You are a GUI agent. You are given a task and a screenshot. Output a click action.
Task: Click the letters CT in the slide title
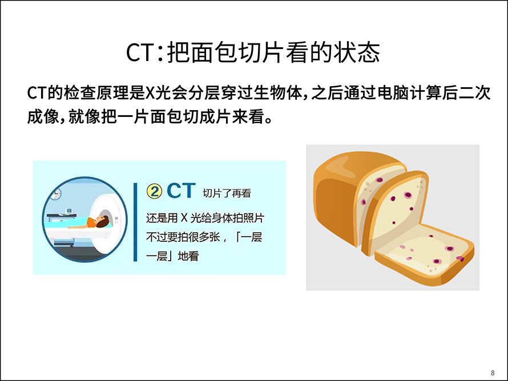pyautogui.click(x=139, y=52)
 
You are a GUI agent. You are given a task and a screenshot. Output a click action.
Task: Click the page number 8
pyautogui.click(x=493, y=373)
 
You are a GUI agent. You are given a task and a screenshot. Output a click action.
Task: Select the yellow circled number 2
pyautogui.click(x=154, y=191)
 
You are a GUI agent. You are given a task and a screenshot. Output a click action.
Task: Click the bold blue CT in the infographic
pyautogui.click(x=181, y=190)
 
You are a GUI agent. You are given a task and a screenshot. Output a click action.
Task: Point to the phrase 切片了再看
pyautogui.click(x=227, y=193)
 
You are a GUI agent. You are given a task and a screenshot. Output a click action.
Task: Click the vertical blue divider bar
pyautogui.click(x=135, y=222)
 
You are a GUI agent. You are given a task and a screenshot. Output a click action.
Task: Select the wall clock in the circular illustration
pyautogui.click(x=57, y=193)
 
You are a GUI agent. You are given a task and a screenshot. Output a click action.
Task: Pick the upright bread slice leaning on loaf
pyautogui.click(x=395, y=212)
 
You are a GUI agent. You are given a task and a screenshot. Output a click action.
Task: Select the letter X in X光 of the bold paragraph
pyautogui.click(x=150, y=93)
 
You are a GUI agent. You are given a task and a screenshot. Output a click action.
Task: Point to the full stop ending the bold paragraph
pyautogui.click(x=269, y=120)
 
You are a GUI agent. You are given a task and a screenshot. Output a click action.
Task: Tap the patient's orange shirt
pyautogui.click(x=90, y=222)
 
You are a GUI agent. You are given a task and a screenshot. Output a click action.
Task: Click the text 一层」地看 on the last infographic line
pyautogui.click(x=172, y=256)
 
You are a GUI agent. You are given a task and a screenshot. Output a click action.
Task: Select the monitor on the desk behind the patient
pyautogui.click(x=69, y=210)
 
